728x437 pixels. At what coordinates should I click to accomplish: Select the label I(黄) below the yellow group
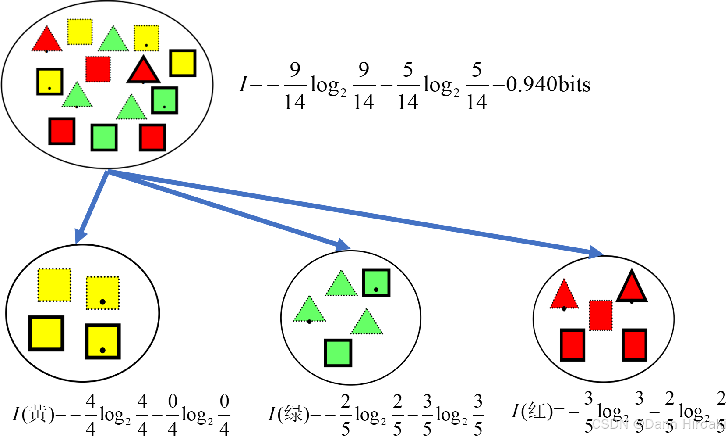pos(33,414)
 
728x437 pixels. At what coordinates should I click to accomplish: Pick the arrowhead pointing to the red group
pos(596,252)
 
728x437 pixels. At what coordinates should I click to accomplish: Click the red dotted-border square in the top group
pos(98,69)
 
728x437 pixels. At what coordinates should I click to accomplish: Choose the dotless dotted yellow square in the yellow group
pos(54,285)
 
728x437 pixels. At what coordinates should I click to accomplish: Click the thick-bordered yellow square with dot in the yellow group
pos(102,341)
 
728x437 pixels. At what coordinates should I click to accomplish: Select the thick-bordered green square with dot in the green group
pos(376,283)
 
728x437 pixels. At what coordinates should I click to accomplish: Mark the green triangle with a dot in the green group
pos(309,311)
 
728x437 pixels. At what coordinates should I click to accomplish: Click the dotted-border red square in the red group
pos(601,315)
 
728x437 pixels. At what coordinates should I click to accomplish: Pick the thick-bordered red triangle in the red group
pos(632,288)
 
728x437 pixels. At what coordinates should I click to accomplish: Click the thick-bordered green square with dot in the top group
pos(164,100)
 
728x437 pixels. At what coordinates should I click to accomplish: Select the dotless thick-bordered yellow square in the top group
pos(182,63)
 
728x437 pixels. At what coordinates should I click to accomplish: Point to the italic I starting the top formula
pos(243,84)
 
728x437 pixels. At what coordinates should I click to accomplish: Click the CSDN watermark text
pos(657,424)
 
